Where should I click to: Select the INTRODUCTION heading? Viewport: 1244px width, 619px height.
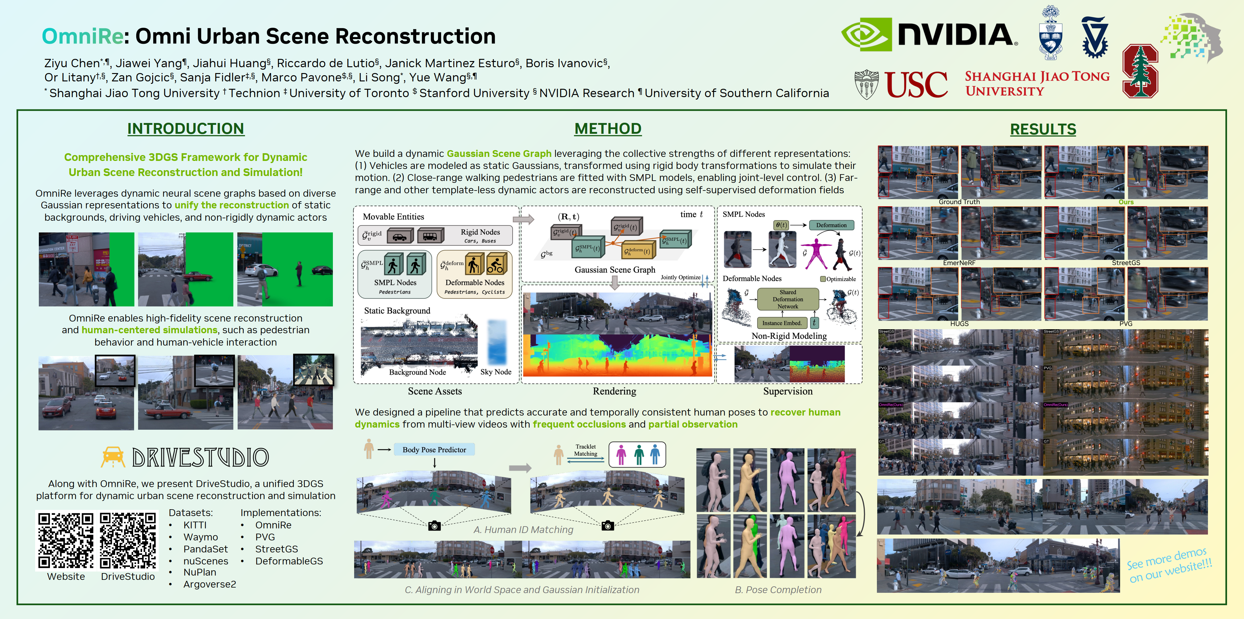[x=186, y=129]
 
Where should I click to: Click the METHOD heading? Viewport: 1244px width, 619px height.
[x=608, y=129]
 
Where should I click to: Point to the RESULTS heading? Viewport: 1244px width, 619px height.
[x=1043, y=129]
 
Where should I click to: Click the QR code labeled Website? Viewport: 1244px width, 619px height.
[x=66, y=540]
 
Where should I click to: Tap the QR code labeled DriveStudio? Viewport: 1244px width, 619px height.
[x=128, y=540]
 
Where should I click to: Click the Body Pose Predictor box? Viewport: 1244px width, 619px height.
[x=434, y=449]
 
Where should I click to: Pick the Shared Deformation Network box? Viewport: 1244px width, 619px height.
[x=788, y=299]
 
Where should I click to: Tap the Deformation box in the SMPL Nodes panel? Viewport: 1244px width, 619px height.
[x=831, y=225]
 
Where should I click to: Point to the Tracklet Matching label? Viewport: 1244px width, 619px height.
[x=585, y=450]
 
